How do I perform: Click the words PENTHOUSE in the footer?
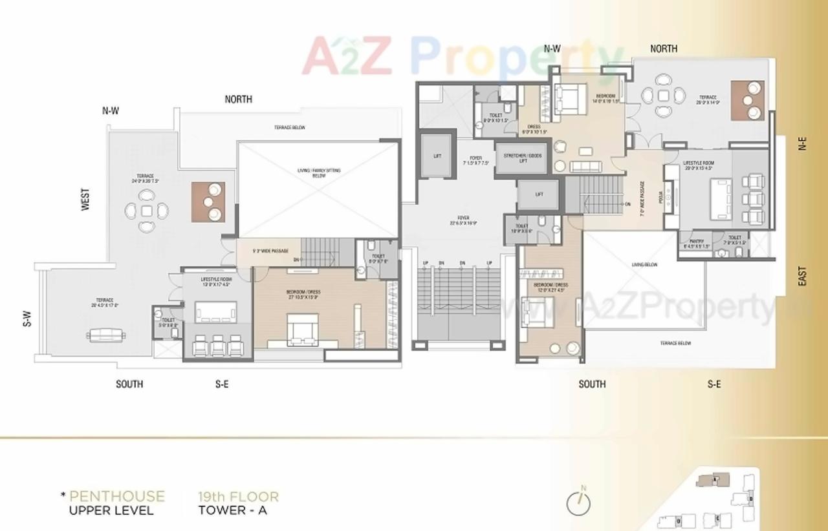(116, 496)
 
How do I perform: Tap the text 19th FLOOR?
(238, 497)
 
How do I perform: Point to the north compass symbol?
(578, 503)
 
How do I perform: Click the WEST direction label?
(85, 200)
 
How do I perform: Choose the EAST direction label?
(802, 276)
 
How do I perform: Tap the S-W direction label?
(27, 318)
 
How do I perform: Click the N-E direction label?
(802, 143)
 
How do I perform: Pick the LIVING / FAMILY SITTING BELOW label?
(318, 173)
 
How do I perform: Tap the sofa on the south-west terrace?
(106, 334)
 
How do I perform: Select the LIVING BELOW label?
(644, 265)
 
